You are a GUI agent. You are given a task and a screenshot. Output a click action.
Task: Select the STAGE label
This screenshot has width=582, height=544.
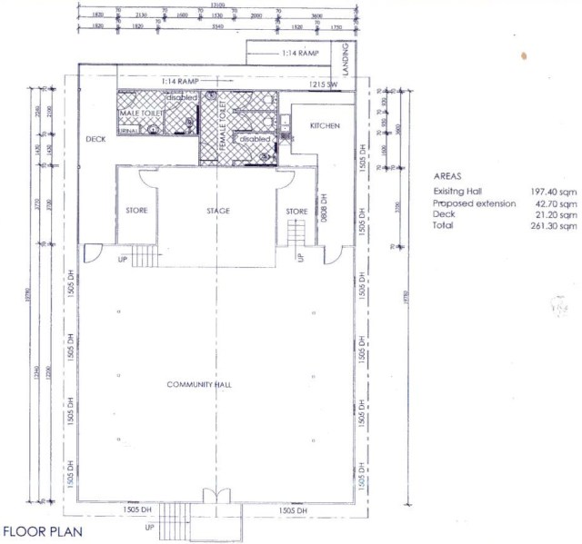[x=217, y=211]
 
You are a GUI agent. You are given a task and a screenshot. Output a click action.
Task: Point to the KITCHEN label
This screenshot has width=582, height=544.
[x=325, y=125]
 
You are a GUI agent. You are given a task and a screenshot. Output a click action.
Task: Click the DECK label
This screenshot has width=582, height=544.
[x=96, y=139]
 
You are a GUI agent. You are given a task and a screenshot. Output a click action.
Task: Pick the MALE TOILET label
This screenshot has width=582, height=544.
[x=140, y=113]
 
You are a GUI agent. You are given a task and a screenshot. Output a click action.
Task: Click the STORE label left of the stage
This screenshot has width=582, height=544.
[x=136, y=211]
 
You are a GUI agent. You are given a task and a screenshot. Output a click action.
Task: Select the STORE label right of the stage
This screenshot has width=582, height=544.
[x=297, y=211]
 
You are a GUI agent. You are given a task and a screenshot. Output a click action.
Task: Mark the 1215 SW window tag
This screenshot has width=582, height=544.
[x=323, y=84]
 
